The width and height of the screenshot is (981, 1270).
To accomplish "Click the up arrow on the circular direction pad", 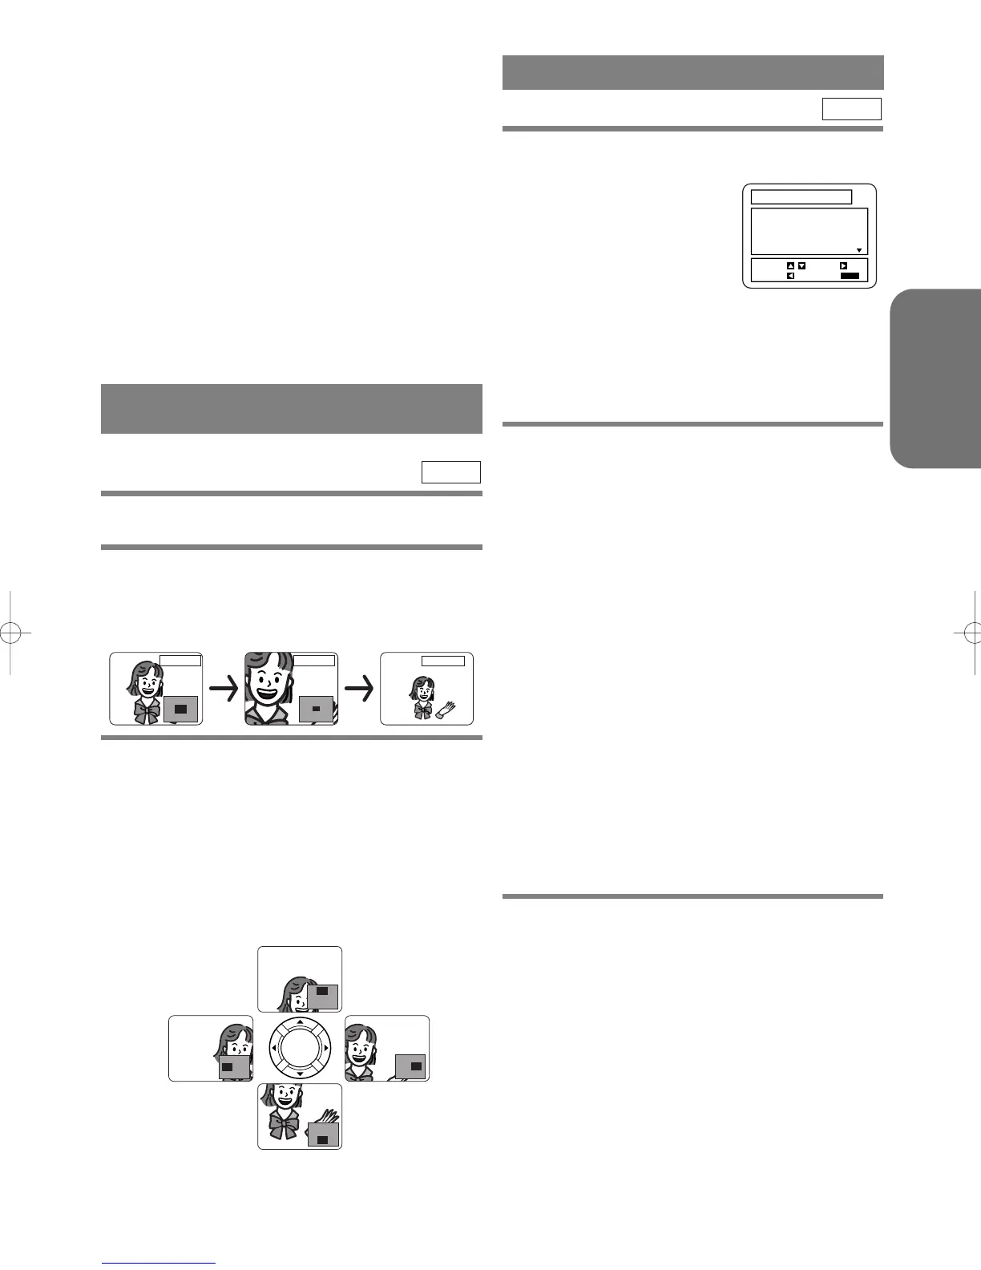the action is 300,1022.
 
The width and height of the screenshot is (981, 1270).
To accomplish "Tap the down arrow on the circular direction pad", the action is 300,1073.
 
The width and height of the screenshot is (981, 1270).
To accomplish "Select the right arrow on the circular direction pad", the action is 325,1048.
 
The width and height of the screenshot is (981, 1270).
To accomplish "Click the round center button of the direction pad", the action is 300,1048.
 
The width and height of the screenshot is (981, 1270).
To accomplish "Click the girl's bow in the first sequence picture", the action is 147,712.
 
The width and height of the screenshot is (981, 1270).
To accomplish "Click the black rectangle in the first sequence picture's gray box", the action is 180,709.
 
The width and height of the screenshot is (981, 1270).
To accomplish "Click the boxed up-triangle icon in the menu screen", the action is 789,265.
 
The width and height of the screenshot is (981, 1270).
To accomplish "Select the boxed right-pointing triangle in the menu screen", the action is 843,265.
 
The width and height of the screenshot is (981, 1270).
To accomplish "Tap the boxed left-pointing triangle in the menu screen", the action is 790,276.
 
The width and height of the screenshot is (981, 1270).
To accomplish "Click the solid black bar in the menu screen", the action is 850,276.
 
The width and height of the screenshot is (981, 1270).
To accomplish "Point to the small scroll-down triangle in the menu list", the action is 859,250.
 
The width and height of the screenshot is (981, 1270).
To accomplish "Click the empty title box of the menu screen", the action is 801,197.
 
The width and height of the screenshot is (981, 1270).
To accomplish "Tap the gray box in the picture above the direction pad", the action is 323,995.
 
